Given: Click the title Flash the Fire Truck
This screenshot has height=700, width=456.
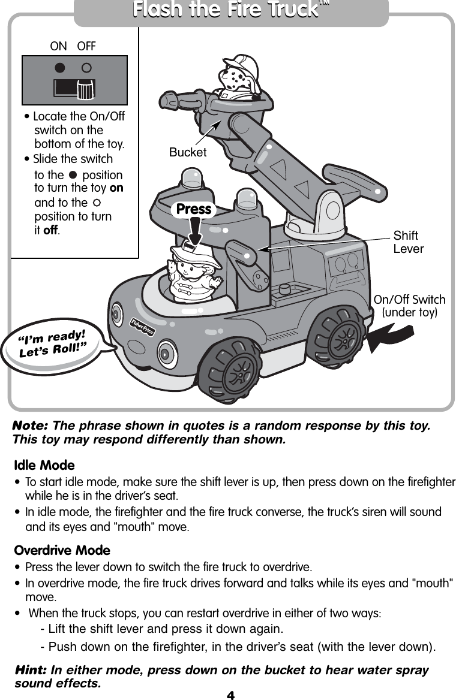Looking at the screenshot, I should coord(230,11).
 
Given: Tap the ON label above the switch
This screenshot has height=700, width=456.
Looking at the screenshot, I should coord(58,46).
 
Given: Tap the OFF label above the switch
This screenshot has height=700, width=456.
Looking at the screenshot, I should coord(86,46).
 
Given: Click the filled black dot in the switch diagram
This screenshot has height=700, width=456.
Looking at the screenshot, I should coord(60,68).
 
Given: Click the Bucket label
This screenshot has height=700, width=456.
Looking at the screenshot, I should coord(187,153).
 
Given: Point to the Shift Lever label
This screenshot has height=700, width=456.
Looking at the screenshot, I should coord(408,242).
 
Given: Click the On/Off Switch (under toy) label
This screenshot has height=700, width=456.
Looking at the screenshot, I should coord(409,306).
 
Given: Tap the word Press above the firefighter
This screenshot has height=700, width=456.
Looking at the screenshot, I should coord(194,209).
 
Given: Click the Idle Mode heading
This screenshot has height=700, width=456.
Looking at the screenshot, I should coord(44,465).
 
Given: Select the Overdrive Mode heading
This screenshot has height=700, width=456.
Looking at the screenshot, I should coord(61,550).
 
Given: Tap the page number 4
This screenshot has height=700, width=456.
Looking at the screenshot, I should coord(230,695).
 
